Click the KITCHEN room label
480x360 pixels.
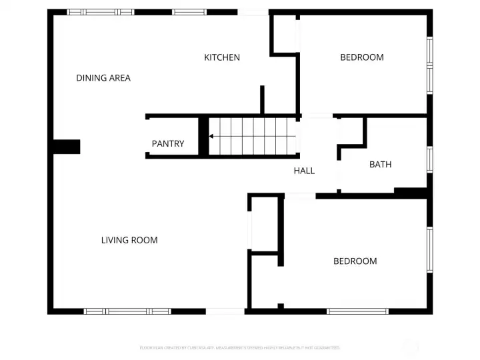point(222,57)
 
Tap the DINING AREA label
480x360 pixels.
point(103,78)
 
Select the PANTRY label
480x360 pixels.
point(168,143)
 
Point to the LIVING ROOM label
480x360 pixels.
point(129,240)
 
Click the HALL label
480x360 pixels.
point(304,171)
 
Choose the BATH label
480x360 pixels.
point(381,164)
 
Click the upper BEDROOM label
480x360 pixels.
point(362,57)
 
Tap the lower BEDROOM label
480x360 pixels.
point(355,261)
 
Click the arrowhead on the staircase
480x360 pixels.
point(211,136)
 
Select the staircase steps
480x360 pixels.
point(252,136)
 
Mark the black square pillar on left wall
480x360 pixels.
point(67,147)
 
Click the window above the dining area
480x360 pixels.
point(100,12)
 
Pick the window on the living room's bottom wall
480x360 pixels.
point(127,311)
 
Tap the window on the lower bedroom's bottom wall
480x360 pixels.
point(357,311)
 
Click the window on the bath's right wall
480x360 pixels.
point(430,159)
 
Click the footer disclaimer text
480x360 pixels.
point(240,347)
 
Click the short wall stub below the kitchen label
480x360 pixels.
point(263,100)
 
